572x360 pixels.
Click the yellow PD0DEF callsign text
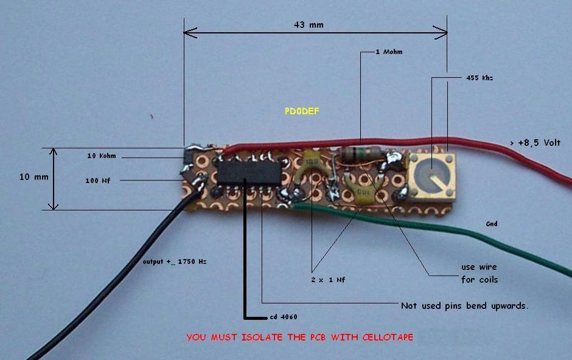pos(302,111)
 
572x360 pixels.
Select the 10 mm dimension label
pos(33,177)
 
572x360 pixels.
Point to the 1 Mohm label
pos(389,52)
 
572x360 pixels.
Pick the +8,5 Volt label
pos(535,143)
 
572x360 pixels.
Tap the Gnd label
pos(492,224)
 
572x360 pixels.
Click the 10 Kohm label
pos(102,156)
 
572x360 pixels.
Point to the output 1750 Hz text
pos(175,261)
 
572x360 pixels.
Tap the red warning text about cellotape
pos(299,337)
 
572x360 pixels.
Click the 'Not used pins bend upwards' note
pos(464,305)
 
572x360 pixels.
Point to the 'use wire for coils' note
pos(480,273)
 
